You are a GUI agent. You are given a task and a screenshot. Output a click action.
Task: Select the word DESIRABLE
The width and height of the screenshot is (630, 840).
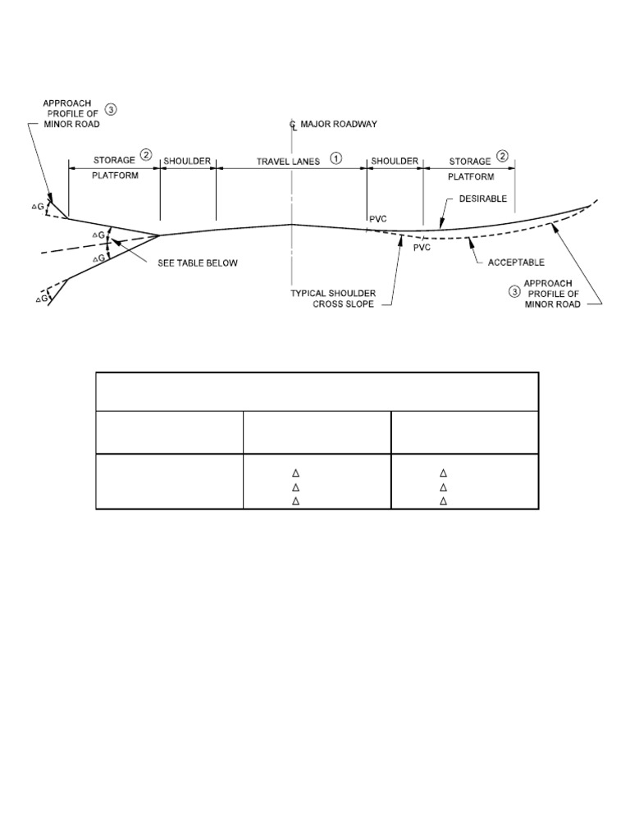click(483, 199)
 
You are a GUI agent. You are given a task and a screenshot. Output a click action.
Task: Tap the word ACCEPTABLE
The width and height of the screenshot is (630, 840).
click(517, 262)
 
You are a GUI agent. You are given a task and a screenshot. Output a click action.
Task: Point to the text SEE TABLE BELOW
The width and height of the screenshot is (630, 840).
click(198, 263)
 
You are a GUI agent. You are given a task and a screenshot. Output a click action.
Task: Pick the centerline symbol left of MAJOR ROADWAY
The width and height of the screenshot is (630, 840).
click(292, 126)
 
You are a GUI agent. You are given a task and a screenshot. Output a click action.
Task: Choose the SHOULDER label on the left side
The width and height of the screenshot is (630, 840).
click(188, 161)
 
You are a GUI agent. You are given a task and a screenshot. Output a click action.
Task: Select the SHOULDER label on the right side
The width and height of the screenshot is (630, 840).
click(395, 161)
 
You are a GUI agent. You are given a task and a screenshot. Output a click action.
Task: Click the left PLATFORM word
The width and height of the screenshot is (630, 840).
click(114, 176)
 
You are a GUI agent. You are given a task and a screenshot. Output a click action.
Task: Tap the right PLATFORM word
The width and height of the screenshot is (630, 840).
click(471, 176)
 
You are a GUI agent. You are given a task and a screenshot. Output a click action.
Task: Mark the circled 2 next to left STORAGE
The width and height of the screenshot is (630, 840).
click(145, 155)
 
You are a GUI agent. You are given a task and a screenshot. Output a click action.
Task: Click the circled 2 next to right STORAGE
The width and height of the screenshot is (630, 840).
click(502, 155)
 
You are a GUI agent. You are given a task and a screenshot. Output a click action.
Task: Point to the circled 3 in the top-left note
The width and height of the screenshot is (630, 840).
click(112, 107)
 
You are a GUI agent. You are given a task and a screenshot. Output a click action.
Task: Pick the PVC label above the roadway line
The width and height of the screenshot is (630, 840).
click(377, 217)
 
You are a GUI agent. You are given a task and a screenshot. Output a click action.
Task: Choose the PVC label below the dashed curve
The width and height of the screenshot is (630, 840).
click(422, 246)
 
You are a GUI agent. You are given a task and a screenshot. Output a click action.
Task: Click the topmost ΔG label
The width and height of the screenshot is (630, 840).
click(37, 207)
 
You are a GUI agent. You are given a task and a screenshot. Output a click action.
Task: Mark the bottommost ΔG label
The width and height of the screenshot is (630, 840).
click(41, 300)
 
